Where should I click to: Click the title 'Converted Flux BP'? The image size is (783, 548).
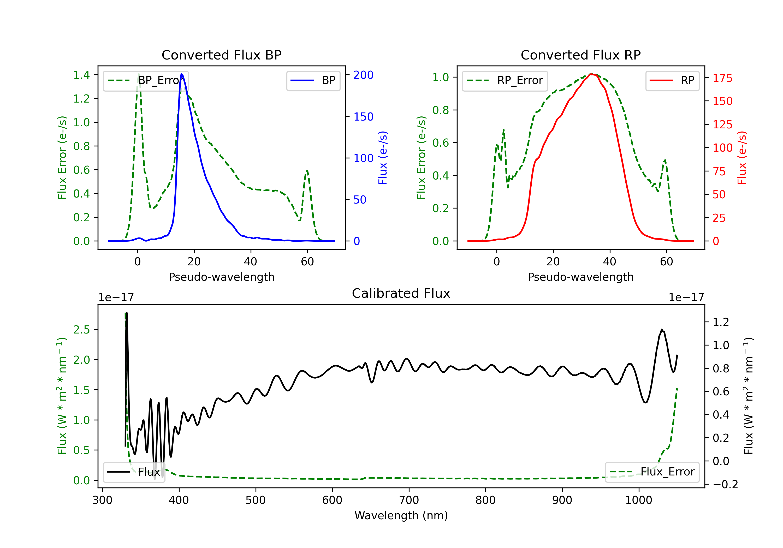tap(221, 55)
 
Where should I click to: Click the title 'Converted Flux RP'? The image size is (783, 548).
tap(580, 55)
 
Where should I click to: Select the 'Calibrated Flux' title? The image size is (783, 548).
tap(401, 293)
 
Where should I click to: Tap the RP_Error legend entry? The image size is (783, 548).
tap(505, 80)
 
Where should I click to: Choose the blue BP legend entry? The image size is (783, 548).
tap(313, 80)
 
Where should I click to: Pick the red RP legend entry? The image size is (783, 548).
tap(672, 80)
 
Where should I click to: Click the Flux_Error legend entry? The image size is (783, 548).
tap(652, 472)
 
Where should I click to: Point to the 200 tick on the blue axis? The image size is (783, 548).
tap(363, 75)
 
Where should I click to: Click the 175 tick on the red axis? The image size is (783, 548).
tap(722, 78)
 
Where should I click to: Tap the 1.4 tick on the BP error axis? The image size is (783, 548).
tap(81, 75)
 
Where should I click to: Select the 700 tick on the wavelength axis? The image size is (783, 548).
tap(409, 500)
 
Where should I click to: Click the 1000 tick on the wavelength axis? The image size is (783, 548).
tap(639, 500)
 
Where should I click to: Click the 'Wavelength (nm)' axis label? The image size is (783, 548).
tap(401, 516)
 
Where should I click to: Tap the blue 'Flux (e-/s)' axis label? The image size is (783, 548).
tap(383, 158)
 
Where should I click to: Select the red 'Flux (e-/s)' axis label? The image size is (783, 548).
tap(742, 158)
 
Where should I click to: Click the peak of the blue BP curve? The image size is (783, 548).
tap(181, 74)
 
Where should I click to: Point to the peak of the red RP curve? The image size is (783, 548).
tap(592, 74)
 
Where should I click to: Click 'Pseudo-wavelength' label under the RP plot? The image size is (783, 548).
tap(580, 277)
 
